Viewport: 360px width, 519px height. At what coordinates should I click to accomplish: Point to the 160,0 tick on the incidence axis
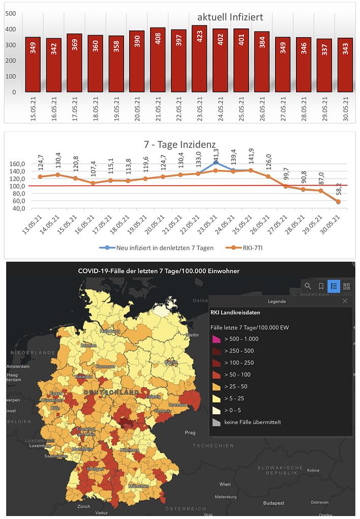point(17,164)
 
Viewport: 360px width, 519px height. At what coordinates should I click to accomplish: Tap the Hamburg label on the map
point(110,331)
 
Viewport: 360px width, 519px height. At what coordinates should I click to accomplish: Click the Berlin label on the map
point(171,362)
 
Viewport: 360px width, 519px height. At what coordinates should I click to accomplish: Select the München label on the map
point(138,486)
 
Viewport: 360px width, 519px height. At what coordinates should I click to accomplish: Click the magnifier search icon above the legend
point(308,286)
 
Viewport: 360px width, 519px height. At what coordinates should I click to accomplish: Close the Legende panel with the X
point(345,301)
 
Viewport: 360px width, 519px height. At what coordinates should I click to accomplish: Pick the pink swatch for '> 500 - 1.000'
point(216,339)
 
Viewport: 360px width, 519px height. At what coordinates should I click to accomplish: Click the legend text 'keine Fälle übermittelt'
point(252,422)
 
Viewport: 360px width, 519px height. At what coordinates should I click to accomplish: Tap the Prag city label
point(190,432)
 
